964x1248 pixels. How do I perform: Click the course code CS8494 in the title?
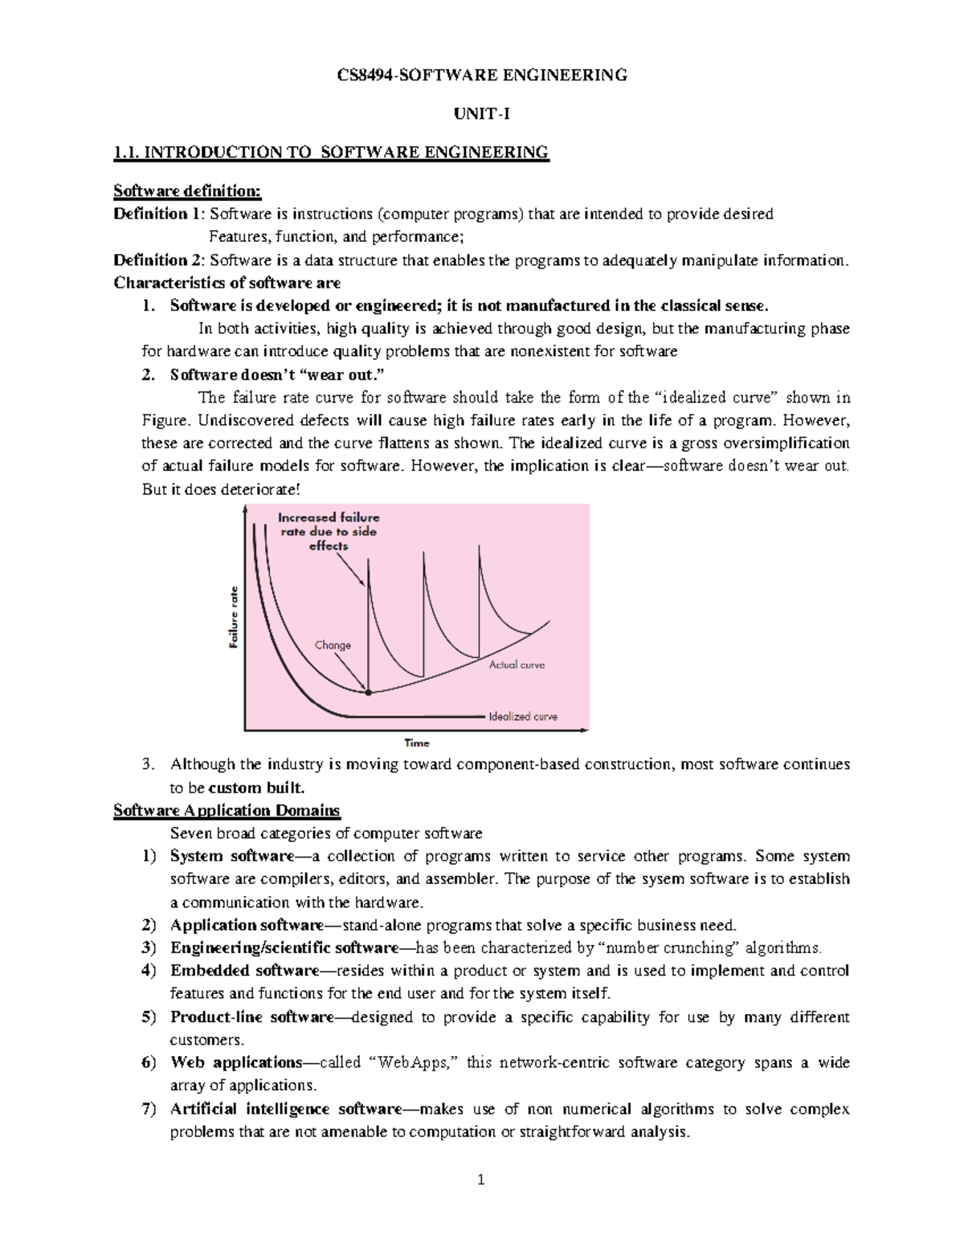click(361, 76)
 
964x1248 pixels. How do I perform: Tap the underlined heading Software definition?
click(187, 190)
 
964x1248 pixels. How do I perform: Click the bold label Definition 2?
click(159, 260)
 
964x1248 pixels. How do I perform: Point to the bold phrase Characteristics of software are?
click(227, 283)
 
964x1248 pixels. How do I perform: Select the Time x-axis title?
click(417, 743)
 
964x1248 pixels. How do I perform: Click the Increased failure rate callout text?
click(329, 531)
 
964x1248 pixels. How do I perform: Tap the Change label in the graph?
click(333, 644)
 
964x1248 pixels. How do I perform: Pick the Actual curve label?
click(517, 665)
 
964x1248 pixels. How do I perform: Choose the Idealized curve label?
click(522, 716)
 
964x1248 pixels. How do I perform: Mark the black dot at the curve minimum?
click(368, 692)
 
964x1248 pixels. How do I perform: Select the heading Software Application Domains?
click(227, 810)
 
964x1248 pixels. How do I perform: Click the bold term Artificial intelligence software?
click(285, 1109)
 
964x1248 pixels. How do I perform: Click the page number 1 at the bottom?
click(481, 1180)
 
